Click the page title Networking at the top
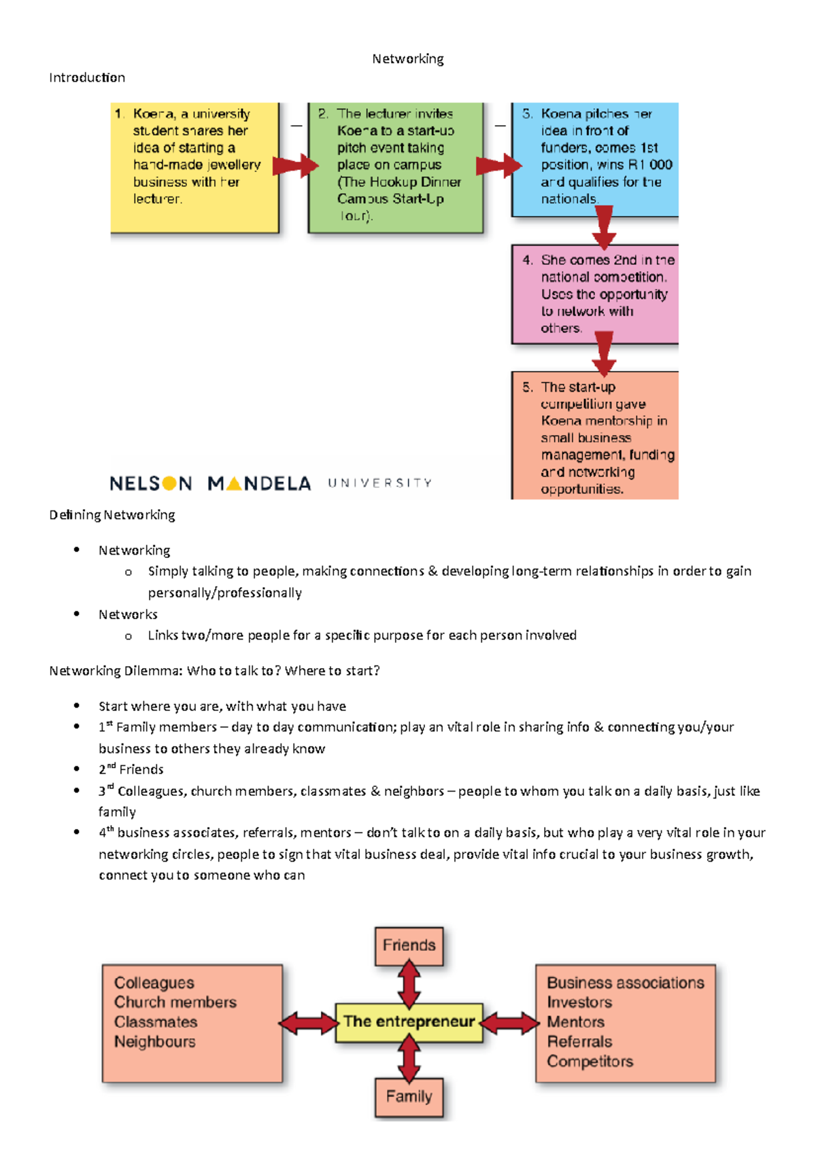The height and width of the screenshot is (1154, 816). (407, 59)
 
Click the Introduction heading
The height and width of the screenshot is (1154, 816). (87, 77)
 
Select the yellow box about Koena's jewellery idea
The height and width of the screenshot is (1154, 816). (194, 167)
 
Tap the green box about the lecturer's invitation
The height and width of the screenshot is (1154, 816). (396, 167)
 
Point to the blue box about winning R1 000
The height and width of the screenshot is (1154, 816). (595, 158)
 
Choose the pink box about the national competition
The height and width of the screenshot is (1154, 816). (595, 294)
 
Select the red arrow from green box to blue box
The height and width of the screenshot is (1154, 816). (498, 165)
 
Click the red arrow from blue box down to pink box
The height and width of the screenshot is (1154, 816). (604, 227)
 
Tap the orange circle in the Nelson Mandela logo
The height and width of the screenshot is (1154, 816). (169, 483)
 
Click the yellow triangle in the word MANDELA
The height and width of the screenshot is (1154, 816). (233, 483)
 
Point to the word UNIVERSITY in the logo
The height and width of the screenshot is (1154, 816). (379, 483)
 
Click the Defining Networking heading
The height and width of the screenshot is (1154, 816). (112, 515)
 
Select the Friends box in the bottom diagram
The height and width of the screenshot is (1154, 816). (409, 945)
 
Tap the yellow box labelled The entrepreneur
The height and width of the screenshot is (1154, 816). (409, 1021)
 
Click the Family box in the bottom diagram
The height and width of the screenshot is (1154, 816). (409, 1096)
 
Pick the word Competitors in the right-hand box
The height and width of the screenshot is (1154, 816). (590, 1062)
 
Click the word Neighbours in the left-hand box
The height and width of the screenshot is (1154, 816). (154, 1042)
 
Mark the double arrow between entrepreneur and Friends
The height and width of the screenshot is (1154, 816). (409, 983)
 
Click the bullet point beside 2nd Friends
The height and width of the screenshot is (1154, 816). (77, 769)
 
